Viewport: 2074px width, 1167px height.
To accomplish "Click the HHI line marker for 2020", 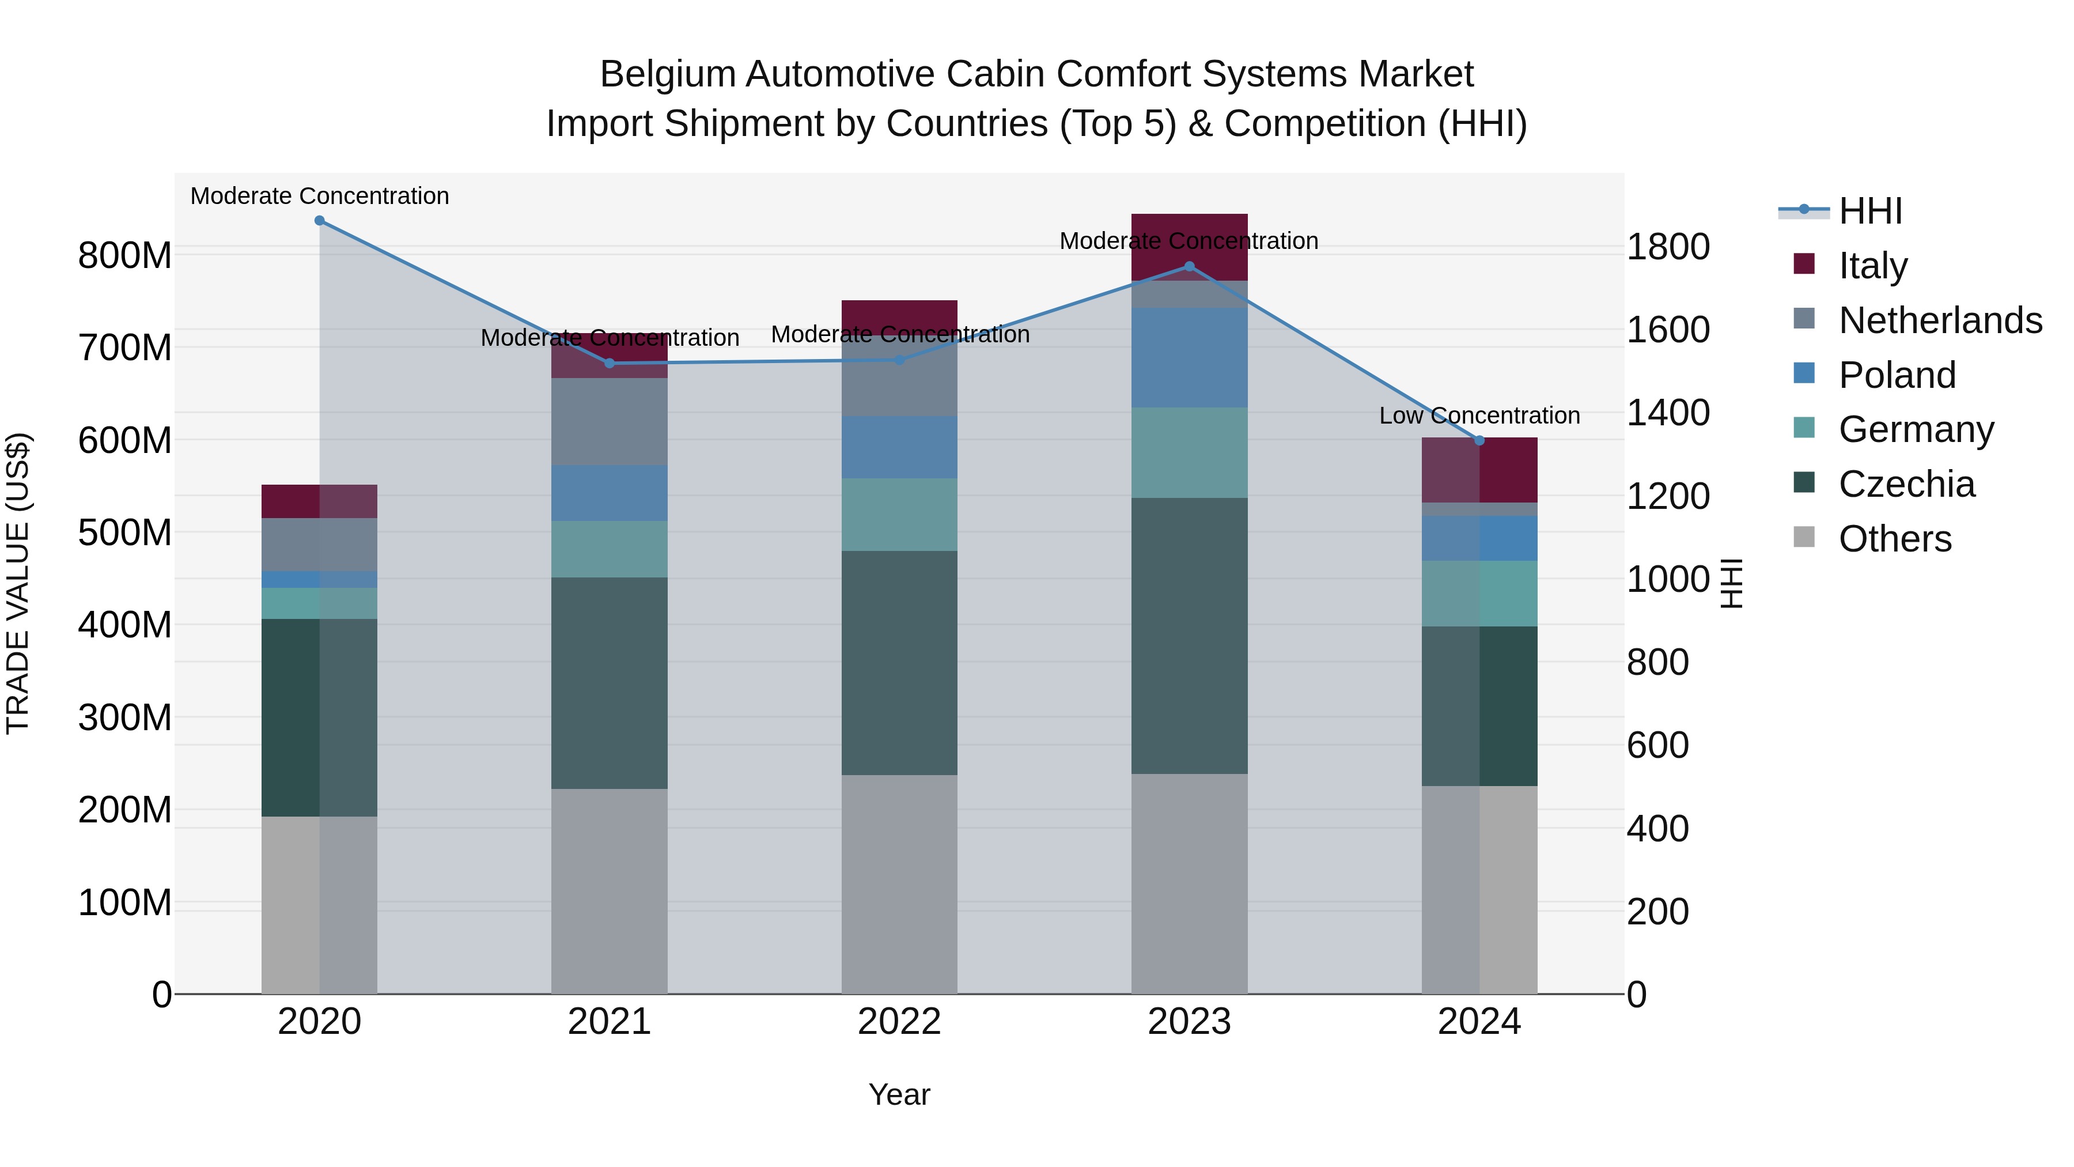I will (x=320, y=221).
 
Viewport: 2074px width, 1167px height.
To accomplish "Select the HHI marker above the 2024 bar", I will (x=1479, y=440).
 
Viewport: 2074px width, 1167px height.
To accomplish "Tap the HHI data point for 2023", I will (x=1189, y=267).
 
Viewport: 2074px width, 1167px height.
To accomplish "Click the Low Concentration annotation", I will (x=1479, y=416).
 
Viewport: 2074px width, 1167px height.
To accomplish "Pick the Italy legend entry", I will (x=1873, y=265).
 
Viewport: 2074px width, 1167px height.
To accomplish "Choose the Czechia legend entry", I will (x=1906, y=484).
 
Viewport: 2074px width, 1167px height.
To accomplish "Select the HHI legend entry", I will (x=1870, y=211).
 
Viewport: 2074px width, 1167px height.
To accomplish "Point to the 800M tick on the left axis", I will (x=125, y=256).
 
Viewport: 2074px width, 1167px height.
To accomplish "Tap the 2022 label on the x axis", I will (x=899, y=1022).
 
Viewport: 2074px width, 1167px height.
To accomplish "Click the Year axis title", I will (x=899, y=1094).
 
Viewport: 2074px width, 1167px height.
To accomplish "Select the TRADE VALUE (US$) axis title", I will (x=18, y=583).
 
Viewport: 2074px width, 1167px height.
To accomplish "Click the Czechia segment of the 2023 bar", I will (x=1189, y=636).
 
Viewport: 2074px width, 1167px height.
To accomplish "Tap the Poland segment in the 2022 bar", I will (x=899, y=447).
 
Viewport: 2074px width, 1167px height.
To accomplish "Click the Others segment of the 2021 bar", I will (x=610, y=891).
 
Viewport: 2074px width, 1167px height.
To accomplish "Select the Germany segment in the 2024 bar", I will (x=1479, y=594).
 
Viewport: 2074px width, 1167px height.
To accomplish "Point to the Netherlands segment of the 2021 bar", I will (x=610, y=421).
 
